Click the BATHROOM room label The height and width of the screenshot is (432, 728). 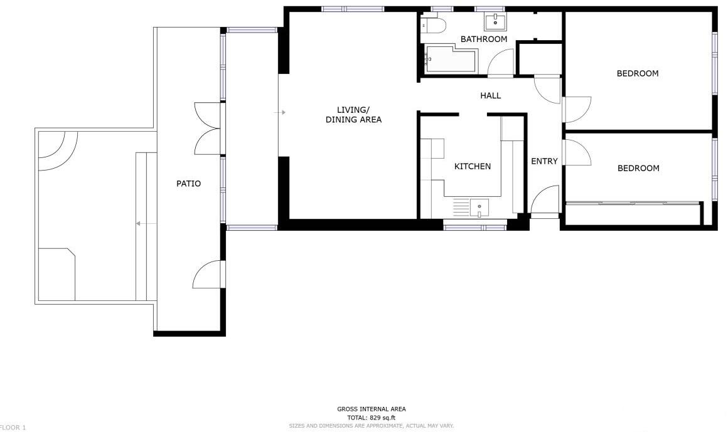483,39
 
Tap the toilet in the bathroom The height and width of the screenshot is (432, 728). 434,26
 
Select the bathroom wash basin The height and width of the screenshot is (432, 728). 495,22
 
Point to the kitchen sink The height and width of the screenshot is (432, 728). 479,206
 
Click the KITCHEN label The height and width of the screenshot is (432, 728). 472,166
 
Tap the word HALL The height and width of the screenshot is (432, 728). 490,95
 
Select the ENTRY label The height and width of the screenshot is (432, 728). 544,161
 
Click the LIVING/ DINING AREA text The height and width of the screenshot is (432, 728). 353,115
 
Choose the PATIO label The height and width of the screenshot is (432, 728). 188,184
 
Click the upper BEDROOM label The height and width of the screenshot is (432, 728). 638,73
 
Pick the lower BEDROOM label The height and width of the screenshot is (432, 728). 638,168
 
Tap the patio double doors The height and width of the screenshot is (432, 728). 208,128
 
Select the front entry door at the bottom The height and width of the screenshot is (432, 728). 545,201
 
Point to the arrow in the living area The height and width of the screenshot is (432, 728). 282,112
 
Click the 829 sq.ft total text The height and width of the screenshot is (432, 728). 371,418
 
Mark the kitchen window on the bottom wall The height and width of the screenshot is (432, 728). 474,227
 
